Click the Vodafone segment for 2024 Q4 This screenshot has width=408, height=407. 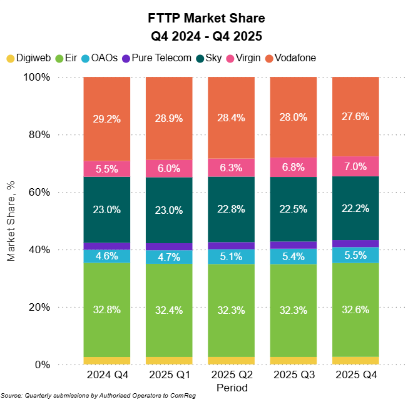(107, 119)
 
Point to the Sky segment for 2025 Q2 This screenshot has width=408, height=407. (231, 209)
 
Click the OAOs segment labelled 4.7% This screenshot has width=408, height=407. (169, 257)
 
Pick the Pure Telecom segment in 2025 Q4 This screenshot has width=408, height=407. (355, 243)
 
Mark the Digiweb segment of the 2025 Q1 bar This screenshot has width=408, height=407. (169, 361)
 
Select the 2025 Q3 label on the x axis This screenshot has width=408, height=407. (293, 375)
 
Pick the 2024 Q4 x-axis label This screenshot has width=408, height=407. (107, 375)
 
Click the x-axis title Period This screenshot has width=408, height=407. (232, 388)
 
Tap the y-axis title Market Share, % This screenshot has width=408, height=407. (11, 220)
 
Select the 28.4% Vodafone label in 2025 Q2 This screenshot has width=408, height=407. (231, 118)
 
